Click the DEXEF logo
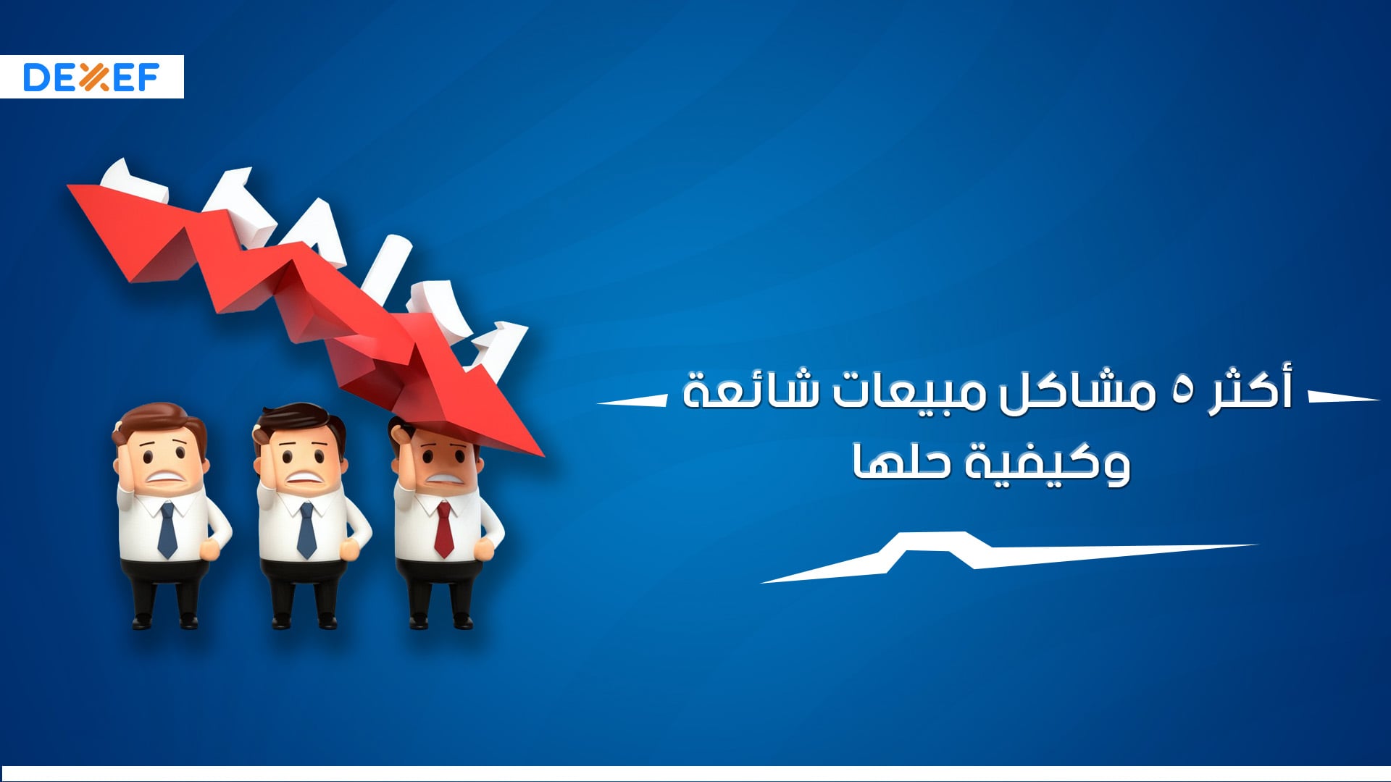pos(91,77)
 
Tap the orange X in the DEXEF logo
pos(93,77)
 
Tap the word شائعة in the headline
pos(751,392)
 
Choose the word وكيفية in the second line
pos(1047,463)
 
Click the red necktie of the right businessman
pos(443,529)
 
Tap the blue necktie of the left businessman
pos(167,530)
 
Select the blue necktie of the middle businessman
pos(306,530)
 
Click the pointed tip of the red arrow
pos(544,456)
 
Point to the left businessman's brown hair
pos(159,423)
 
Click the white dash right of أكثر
pos(1344,397)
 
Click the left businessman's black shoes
pos(164,621)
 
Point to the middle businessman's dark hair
pos(298,420)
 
